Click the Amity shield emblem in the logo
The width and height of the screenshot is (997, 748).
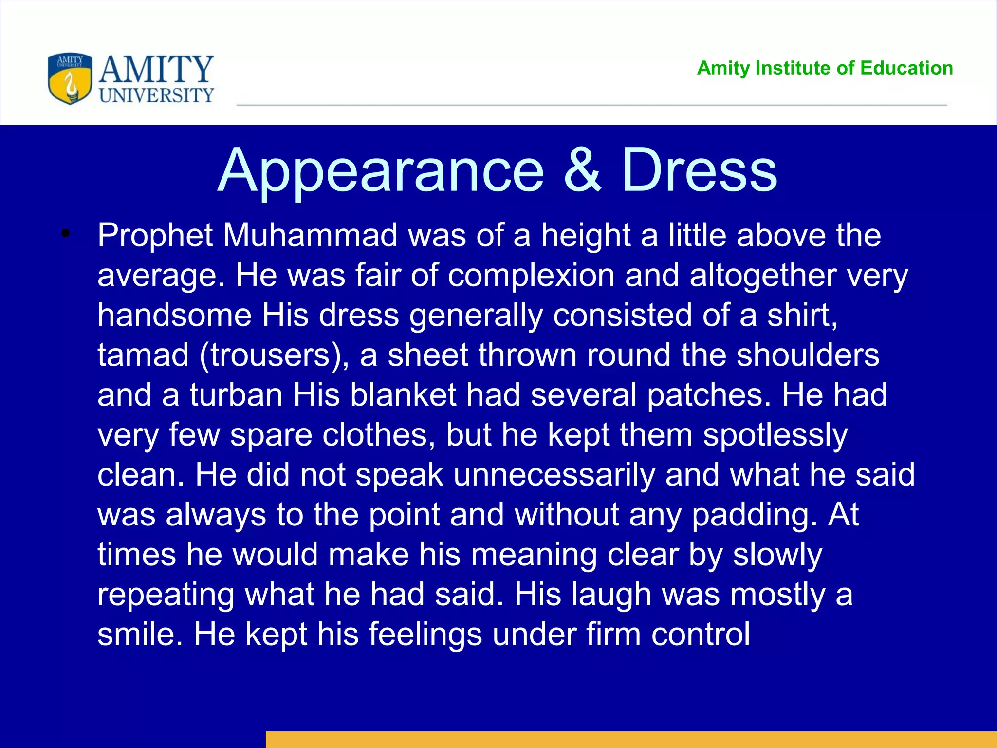tap(70, 78)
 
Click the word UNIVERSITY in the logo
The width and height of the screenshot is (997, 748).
tap(156, 95)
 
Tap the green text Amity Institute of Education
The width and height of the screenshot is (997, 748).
tap(825, 68)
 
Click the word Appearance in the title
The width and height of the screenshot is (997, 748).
tap(380, 171)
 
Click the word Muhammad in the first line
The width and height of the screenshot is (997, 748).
tap(311, 236)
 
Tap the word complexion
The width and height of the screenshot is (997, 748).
tap(531, 276)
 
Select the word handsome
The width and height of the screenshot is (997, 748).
tap(174, 316)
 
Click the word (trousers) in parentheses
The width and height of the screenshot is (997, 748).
tap(274, 355)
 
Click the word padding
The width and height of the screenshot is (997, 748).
tap(754, 515)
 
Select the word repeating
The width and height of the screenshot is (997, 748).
tap(166, 595)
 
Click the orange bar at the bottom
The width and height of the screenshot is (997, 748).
tap(631, 739)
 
